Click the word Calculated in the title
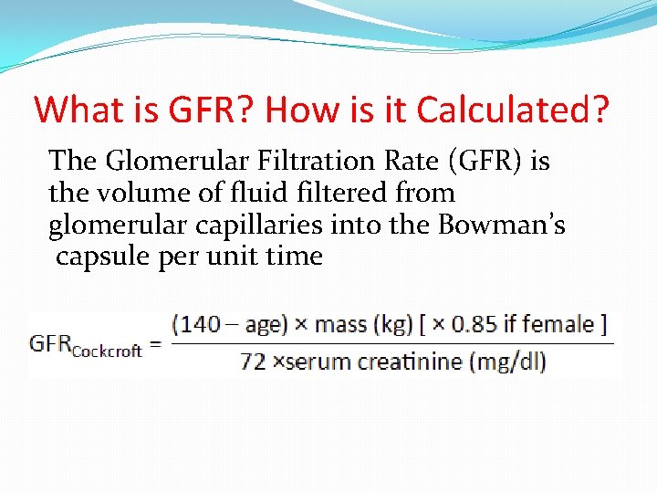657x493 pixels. click(x=512, y=110)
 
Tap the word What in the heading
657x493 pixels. click(x=74, y=110)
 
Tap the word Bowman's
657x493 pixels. click(x=515, y=225)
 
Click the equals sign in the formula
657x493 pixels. click(x=155, y=345)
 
